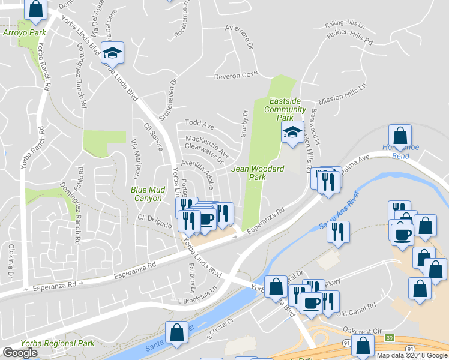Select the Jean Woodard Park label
click(x=258, y=173)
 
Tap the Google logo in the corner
click(x=20, y=353)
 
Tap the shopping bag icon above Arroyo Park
click(x=36, y=9)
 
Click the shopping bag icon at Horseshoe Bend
click(x=400, y=136)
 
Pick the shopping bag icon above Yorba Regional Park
click(x=178, y=333)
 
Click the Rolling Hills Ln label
click(x=345, y=26)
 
